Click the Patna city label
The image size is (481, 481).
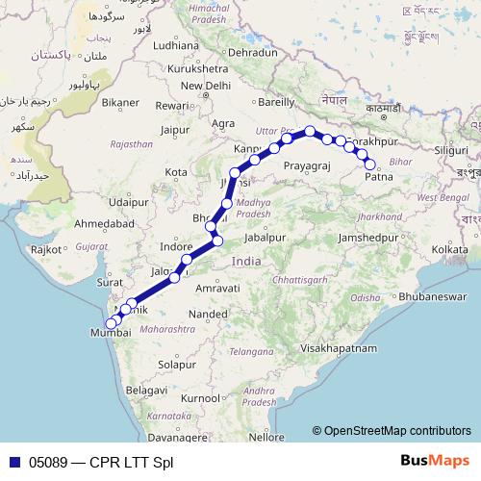coord(379,178)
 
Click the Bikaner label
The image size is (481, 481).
coord(120,102)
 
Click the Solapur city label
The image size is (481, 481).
coord(177,365)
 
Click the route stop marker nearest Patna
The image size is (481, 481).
coord(370,165)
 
